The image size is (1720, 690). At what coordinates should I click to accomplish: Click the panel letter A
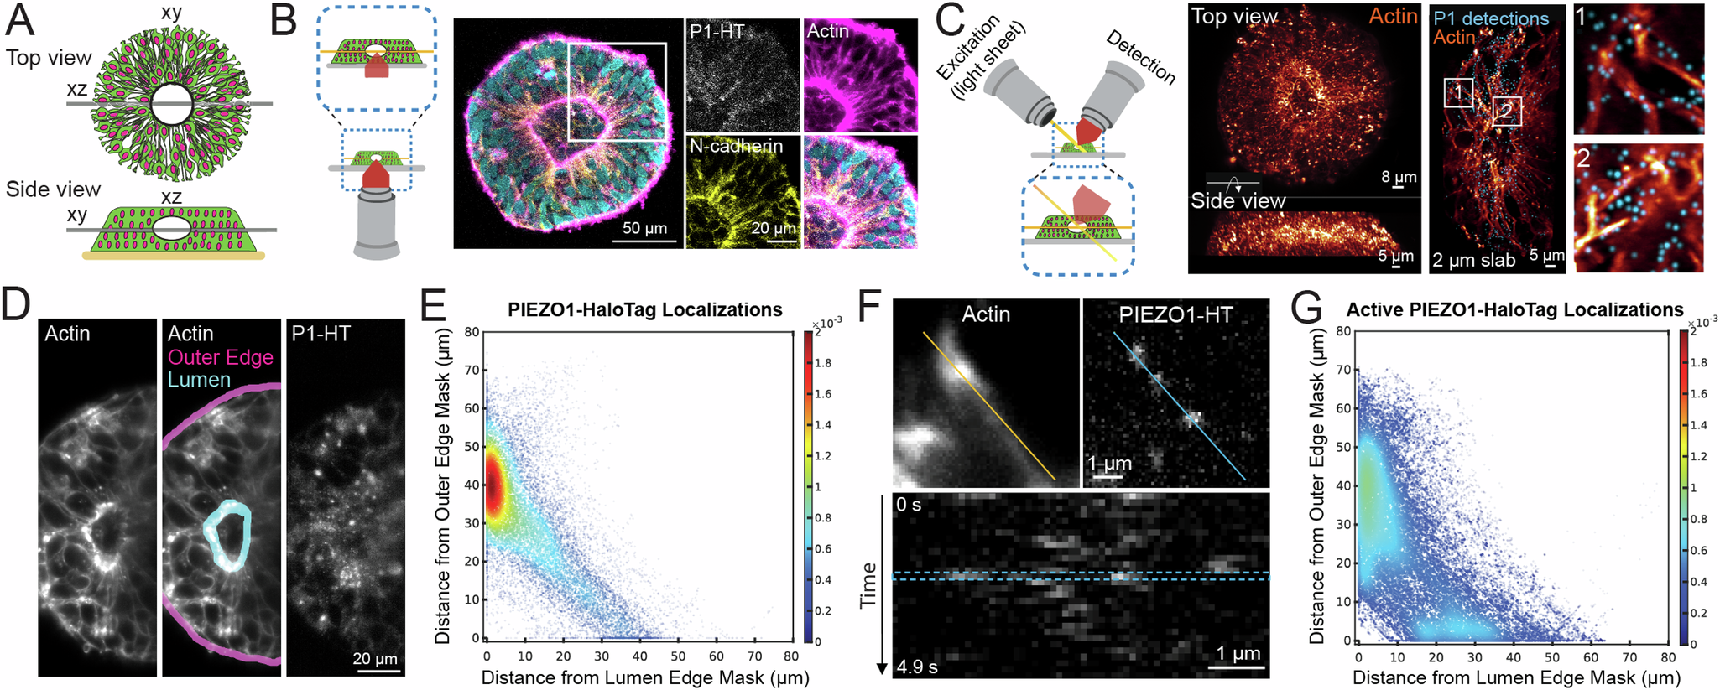pos(20,20)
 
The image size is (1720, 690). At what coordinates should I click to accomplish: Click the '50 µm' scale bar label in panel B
pos(644,228)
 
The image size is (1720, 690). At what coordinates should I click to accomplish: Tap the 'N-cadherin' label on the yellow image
pos(736,146)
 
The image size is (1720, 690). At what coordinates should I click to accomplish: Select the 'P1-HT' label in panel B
pos(717,31)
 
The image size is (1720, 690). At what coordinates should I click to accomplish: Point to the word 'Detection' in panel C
pos(1140,57)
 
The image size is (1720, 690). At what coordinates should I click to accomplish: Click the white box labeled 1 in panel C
pos(1458,92)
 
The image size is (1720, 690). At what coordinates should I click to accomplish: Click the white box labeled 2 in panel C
pos(1507,110)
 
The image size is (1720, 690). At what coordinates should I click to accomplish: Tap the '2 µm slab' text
pos(1473,260)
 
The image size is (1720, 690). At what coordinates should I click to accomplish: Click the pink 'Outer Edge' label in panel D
pos(221,357)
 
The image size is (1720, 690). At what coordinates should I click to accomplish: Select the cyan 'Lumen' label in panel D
pos(199,380)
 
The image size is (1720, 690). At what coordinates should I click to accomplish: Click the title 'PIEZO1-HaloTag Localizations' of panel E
pos(644,309)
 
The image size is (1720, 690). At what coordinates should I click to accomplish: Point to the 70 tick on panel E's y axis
pos(472,370)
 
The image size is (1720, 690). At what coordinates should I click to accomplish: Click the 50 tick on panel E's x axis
pos(678,656)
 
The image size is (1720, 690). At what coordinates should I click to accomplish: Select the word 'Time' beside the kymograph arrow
pos(868,584)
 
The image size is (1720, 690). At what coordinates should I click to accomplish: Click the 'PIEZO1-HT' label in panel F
pos(1175,314)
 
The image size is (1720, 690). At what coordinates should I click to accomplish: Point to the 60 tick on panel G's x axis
pos(1590,657)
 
